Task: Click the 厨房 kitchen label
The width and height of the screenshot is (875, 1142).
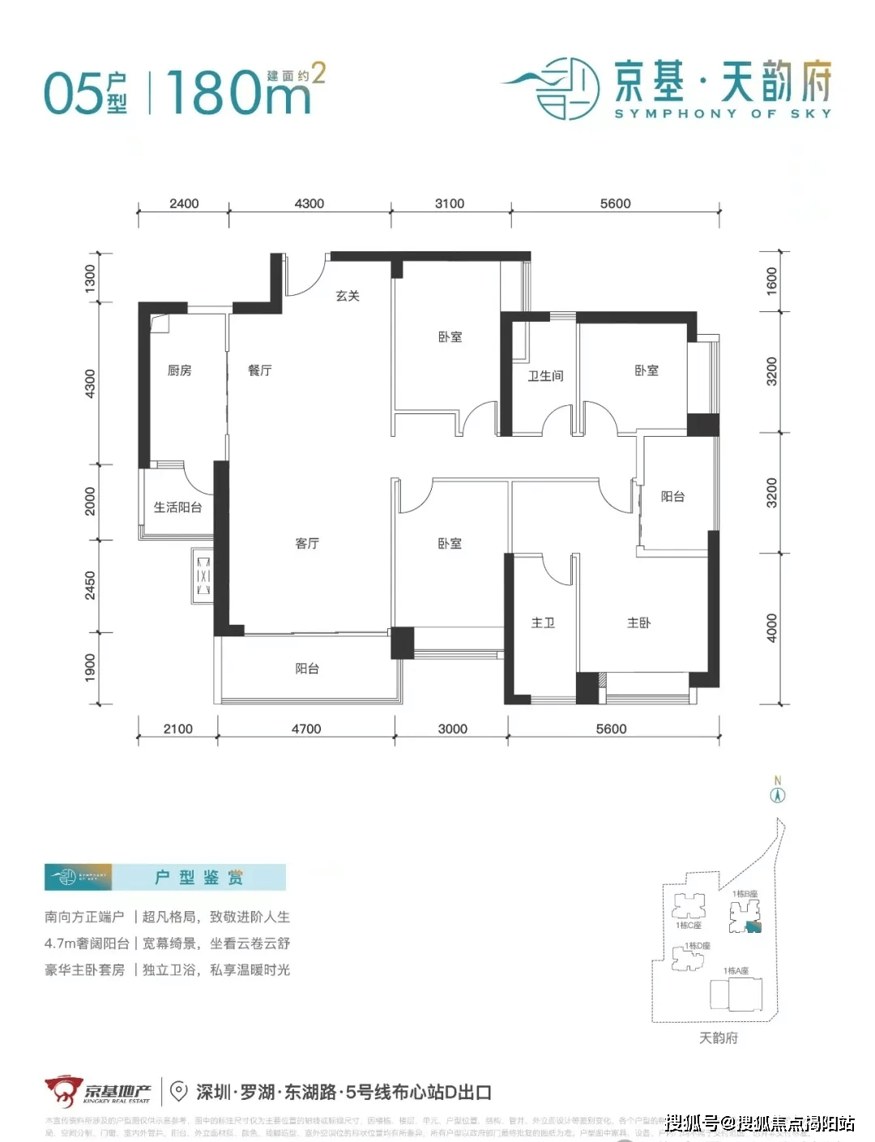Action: click(179, 370)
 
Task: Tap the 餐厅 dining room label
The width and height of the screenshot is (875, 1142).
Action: click(259, 370)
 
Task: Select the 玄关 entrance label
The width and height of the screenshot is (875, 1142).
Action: click(348, 296)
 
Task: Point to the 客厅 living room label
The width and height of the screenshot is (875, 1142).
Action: click(307, 543)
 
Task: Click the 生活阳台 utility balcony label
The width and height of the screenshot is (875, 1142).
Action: click(177, 507)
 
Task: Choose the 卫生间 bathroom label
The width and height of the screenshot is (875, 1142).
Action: click(545, 376)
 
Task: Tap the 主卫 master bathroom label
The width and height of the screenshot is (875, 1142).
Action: click(543, 622)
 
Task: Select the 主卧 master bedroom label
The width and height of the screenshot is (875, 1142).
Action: click(638, 622)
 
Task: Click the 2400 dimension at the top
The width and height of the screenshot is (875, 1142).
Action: click(184, 203)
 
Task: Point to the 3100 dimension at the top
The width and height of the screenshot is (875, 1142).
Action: click(450, 203)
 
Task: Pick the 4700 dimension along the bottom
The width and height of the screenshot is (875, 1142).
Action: click(306, 729)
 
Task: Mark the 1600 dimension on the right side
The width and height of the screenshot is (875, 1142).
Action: click(771, 280)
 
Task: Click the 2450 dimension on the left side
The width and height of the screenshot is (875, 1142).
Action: click(90, 585)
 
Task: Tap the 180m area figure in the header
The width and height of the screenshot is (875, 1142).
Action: click(240, 93)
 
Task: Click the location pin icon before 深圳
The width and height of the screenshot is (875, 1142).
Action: click(179, 1092)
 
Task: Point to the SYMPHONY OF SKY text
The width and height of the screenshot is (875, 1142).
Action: click(723, 114)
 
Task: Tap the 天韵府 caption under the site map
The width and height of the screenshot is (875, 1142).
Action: click(718, 1038)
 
